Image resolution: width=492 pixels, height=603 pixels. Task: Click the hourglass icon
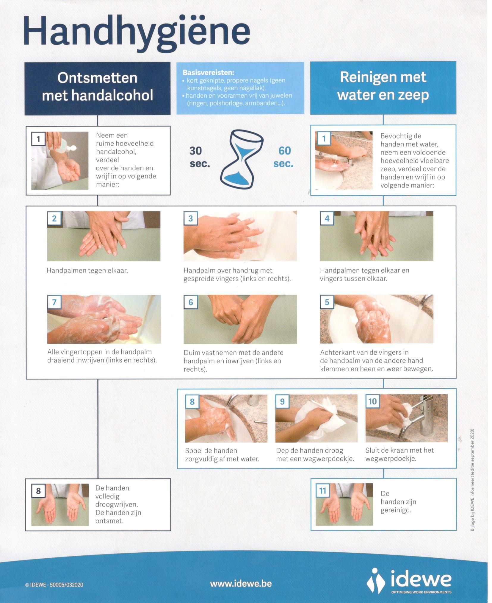pos(242,160)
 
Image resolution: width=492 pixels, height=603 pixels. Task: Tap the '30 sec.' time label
pos(200,157)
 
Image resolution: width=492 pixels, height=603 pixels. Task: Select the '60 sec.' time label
pos(283,157)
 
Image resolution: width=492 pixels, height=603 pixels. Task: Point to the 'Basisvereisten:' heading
pos(208,72)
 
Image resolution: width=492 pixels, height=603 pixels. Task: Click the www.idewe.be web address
pos(241,583)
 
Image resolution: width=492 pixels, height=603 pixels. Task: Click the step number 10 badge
pos(372,402)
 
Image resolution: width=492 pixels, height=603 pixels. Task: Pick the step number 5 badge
pos(327,302)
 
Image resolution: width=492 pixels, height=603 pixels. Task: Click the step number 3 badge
pos(190,219)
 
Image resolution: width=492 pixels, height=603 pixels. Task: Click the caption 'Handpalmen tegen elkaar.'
pos(87,271)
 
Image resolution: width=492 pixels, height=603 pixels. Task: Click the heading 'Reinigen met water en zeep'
pos(383,86)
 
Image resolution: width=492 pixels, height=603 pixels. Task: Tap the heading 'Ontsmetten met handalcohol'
pos(98,87)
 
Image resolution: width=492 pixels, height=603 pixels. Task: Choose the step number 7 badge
pos(54,302)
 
